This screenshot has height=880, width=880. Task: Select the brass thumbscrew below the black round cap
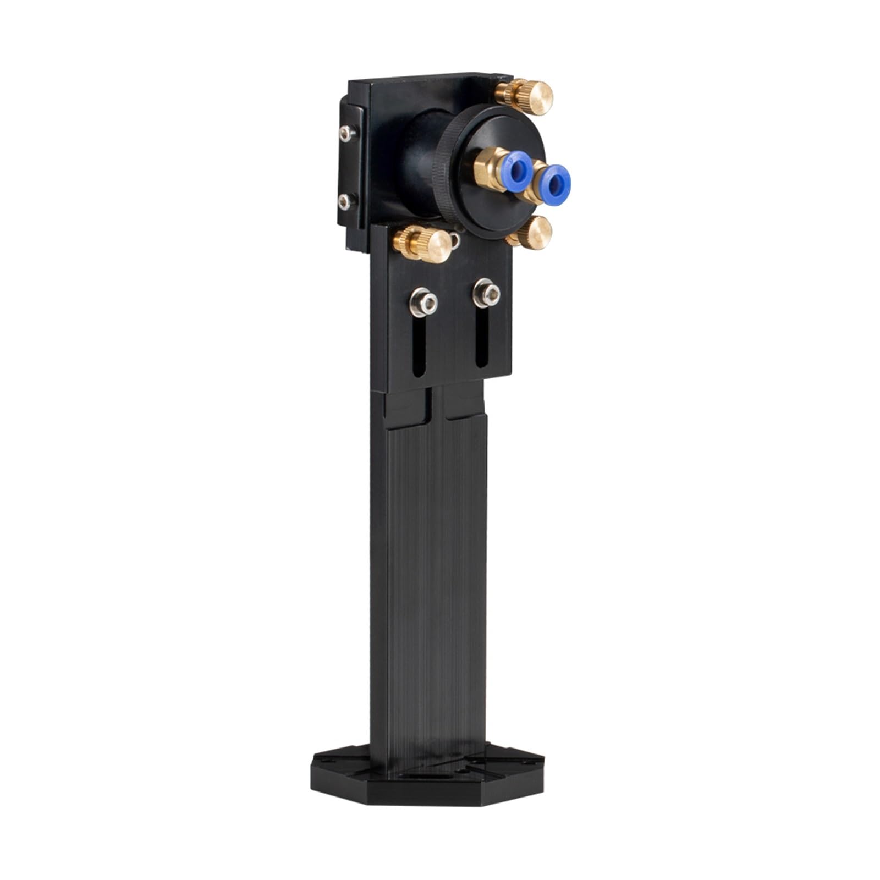531,232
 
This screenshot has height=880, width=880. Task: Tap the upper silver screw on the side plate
345,131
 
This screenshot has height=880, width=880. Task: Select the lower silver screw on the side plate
345,202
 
